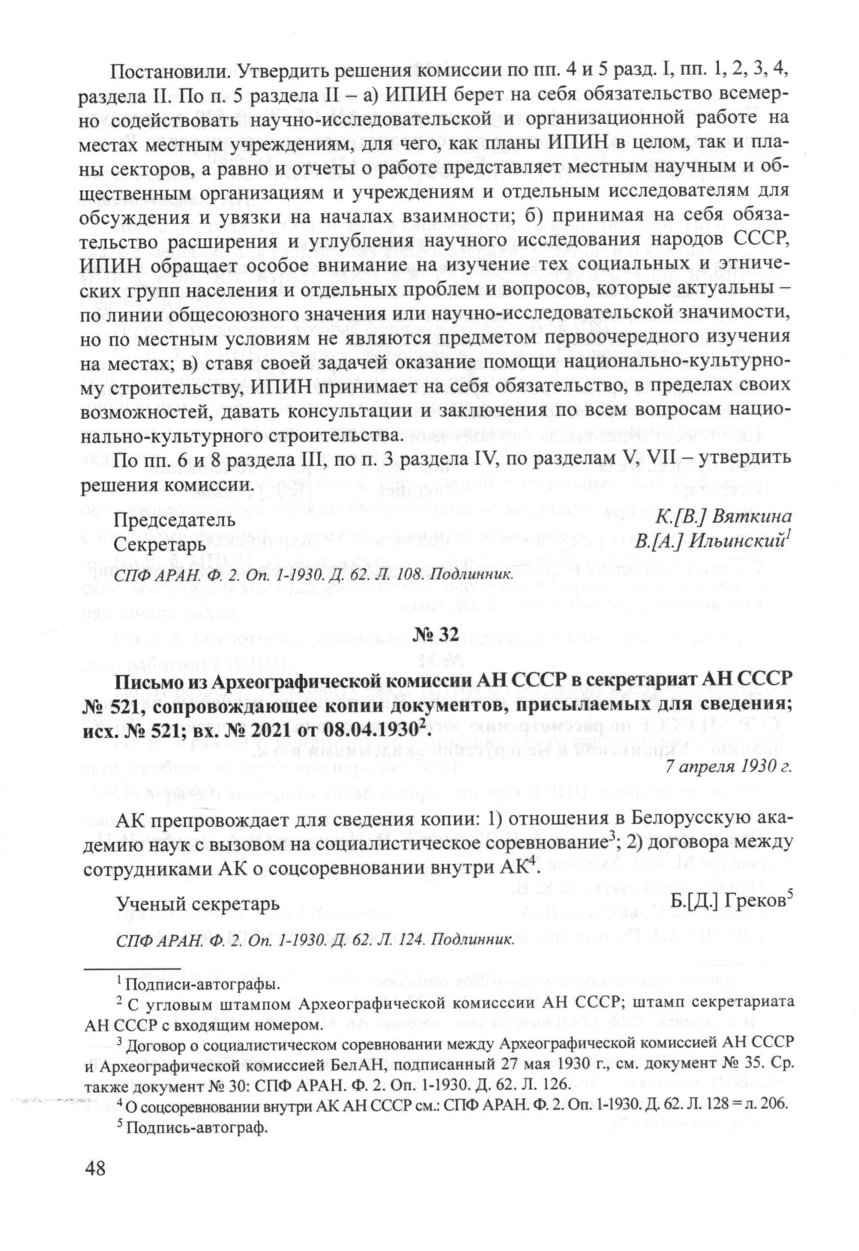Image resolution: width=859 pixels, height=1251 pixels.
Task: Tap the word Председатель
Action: tap(164, 520)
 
